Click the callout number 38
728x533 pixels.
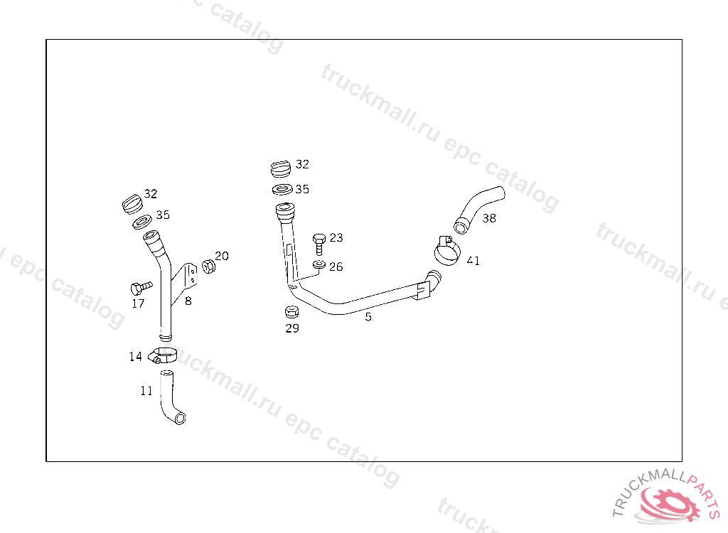(x=489, y=218)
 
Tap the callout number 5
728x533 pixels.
(x=368, y=317)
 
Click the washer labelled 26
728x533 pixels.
(x=319, y=266)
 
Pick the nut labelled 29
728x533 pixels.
(x=291, y=312)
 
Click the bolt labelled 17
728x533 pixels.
(x=141, y=288)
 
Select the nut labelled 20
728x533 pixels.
(x=208, y=266)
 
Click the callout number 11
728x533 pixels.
(x=146, y=390)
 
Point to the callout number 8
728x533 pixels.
(x=188, y=301)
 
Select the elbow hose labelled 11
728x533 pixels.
(x=171, y=399)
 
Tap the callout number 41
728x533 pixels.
(x=473, y=261)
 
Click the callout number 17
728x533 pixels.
(x=138, y=303)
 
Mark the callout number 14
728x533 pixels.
(x=136, y=356)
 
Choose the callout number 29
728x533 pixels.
(x=292, y=328)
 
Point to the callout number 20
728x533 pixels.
(x=222, y=256)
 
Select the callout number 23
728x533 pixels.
(x=336, y=237)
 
